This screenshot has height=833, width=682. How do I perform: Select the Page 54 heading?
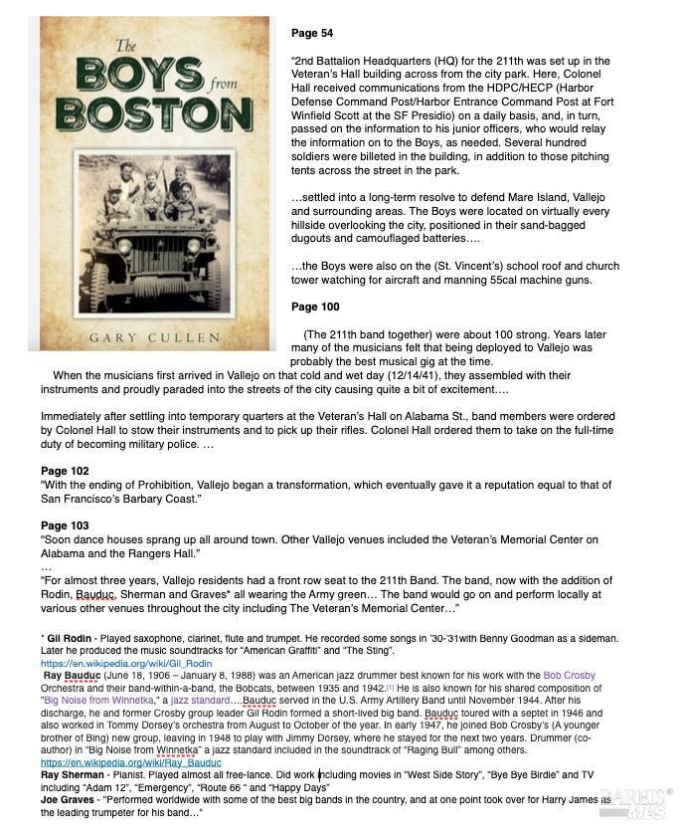point(312,33)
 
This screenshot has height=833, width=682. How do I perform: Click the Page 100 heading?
point(315,307)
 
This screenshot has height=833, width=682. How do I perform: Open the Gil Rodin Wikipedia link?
point(125,662)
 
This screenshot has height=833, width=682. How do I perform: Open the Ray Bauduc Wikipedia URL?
point(130,762)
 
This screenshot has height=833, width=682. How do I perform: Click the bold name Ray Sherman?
point(74,774)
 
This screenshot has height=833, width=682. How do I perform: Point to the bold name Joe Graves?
point(70,799)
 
